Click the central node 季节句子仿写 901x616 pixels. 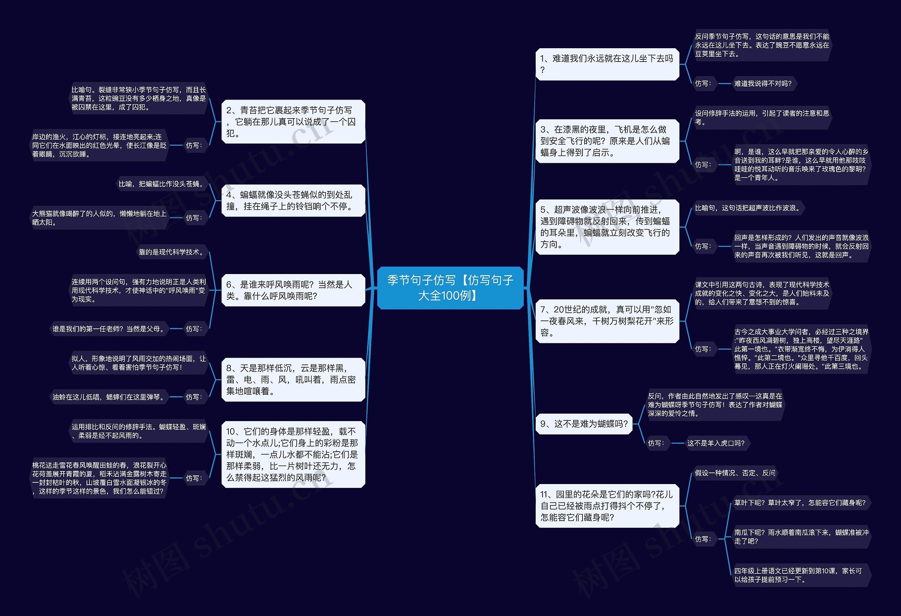pos(450,287)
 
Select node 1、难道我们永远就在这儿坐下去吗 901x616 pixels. pos(607,64)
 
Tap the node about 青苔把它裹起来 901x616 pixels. pos(293,122)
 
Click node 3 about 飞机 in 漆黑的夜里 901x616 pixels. pos(607,141)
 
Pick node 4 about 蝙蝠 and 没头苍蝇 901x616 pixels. pos(293,200)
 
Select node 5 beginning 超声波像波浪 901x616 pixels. pos(607,227)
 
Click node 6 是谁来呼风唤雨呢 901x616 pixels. pos(293,290)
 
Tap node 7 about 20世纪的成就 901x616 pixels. pos(607,321)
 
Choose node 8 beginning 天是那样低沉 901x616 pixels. pos(293,379)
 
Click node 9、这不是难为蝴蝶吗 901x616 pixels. pos(584,424)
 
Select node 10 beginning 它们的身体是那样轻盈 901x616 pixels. pos(293,454)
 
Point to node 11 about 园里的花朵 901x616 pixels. pos(607,506)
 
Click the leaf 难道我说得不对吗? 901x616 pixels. pos(763,84)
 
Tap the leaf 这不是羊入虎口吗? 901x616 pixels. pos(716,443)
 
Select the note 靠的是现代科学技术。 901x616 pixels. pos(171,252)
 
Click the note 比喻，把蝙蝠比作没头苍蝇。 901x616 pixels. pos(161,184)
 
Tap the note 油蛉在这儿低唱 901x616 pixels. pos(108,397)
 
